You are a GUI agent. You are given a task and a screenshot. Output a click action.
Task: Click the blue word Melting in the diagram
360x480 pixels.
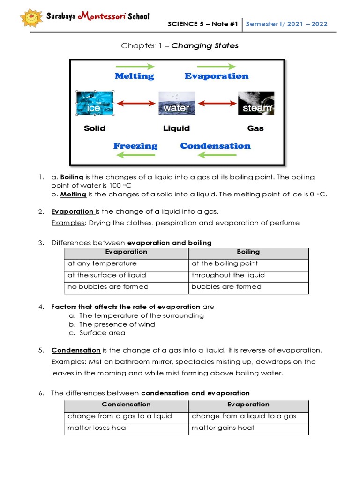135,76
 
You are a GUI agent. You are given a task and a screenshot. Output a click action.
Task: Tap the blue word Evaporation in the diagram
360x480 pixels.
217,76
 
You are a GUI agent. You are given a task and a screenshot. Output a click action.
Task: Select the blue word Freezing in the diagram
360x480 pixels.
135,146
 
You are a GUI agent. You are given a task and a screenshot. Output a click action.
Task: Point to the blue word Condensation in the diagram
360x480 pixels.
215,146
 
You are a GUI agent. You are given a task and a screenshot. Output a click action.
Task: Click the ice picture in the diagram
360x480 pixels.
95,104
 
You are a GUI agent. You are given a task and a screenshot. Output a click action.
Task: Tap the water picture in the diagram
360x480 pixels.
176,104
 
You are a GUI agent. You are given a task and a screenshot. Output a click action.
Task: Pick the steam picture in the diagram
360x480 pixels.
256,104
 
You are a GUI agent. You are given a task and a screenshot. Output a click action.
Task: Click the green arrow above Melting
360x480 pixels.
135,66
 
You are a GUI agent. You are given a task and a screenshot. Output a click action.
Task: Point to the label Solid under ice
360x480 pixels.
95,128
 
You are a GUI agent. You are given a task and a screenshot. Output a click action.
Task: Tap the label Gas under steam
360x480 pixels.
255,128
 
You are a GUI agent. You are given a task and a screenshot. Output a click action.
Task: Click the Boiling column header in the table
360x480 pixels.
248,252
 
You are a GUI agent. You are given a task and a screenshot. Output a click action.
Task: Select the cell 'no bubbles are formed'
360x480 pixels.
108,287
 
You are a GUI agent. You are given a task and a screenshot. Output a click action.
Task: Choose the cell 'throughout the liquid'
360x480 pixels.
228,275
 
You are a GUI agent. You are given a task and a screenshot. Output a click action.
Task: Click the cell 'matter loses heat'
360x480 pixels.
98,428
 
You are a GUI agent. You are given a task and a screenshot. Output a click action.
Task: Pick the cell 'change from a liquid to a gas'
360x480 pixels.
244,416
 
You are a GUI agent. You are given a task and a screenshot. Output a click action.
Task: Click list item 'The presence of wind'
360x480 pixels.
117,324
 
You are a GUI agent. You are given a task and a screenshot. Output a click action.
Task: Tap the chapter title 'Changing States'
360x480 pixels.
205,46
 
